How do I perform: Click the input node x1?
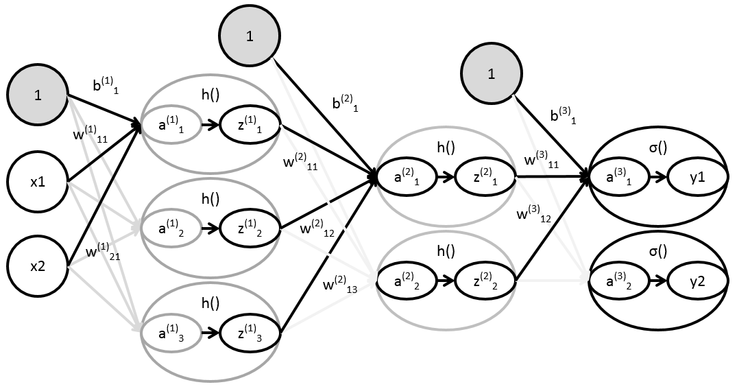pos(38,183)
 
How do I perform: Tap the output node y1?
pos(697,177)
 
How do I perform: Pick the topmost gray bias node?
pos(249,37)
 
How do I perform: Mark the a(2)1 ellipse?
pos(407,177)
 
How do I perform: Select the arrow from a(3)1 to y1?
pos(658,177)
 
